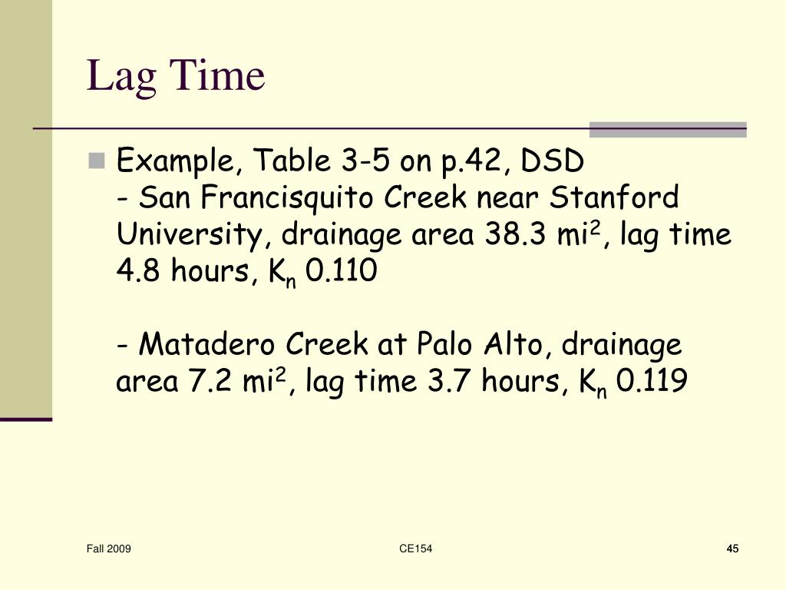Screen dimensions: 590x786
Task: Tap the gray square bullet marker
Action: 96,161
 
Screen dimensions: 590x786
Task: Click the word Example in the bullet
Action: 175,162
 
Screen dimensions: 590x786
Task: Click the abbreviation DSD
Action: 553,162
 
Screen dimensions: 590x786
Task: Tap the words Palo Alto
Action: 479,345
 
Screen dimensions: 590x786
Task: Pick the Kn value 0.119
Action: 651,382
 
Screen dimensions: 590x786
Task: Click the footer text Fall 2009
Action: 108,549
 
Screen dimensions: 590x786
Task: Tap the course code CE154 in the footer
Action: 416,549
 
